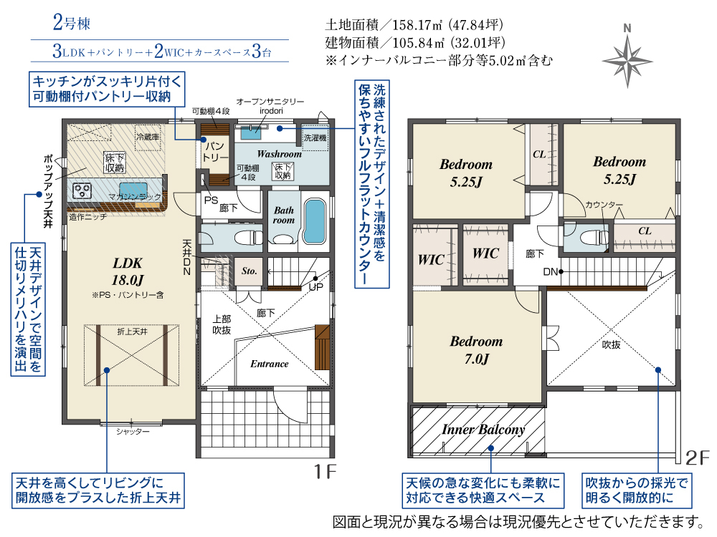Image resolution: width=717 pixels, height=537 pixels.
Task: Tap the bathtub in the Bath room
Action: [314, 221]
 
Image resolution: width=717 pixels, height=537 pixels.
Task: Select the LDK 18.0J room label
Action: [128, 271]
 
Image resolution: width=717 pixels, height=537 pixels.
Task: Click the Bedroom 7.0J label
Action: [477, 350]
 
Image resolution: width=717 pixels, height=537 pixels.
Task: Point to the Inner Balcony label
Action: [483, 429]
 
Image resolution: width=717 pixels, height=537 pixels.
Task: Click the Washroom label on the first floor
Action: [280, 154]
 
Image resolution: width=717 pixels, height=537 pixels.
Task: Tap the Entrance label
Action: [270, 364]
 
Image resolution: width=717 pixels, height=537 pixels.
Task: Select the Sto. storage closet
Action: [249, 272]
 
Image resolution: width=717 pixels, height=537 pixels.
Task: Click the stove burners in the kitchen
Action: [82, 190]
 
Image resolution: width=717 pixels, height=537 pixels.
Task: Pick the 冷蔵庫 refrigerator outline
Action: [148, 137]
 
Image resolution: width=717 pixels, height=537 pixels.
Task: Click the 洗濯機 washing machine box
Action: [315, 137]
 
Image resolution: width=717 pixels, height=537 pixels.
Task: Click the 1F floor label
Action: [325, 471]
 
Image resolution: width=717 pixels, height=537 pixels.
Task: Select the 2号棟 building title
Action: [72, 23]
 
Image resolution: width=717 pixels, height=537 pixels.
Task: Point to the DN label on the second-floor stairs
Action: [550, 272]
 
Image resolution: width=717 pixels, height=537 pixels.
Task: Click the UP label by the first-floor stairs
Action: [316, 287]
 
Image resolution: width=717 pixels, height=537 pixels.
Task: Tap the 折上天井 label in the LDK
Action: [132, 332]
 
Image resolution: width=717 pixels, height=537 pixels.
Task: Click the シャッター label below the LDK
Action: [133, 432]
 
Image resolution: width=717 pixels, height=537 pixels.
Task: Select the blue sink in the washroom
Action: [250, 133]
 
